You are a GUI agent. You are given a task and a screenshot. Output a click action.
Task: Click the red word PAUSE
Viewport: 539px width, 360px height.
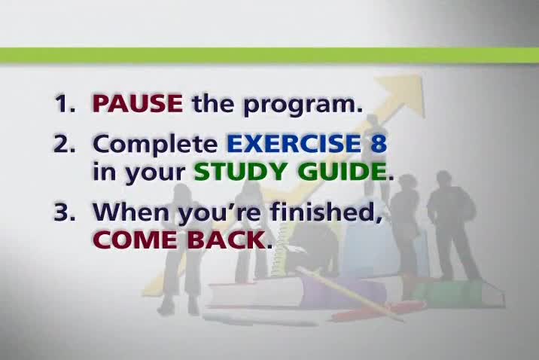[x=138, y=102]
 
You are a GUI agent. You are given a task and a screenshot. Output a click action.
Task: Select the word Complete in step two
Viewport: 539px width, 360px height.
[x=155, y=145]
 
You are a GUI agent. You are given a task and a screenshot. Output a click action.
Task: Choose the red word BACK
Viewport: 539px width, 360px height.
[x=226, y=239]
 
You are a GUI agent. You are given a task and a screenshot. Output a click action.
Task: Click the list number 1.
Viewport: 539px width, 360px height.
[x=64, y=102]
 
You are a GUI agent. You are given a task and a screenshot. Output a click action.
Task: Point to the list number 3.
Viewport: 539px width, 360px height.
[x=64, y=212]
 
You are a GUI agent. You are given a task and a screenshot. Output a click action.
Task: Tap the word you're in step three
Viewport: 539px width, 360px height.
[x=220, y=214]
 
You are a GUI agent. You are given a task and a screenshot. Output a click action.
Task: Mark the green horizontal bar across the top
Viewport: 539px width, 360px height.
[x=269, y=55]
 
